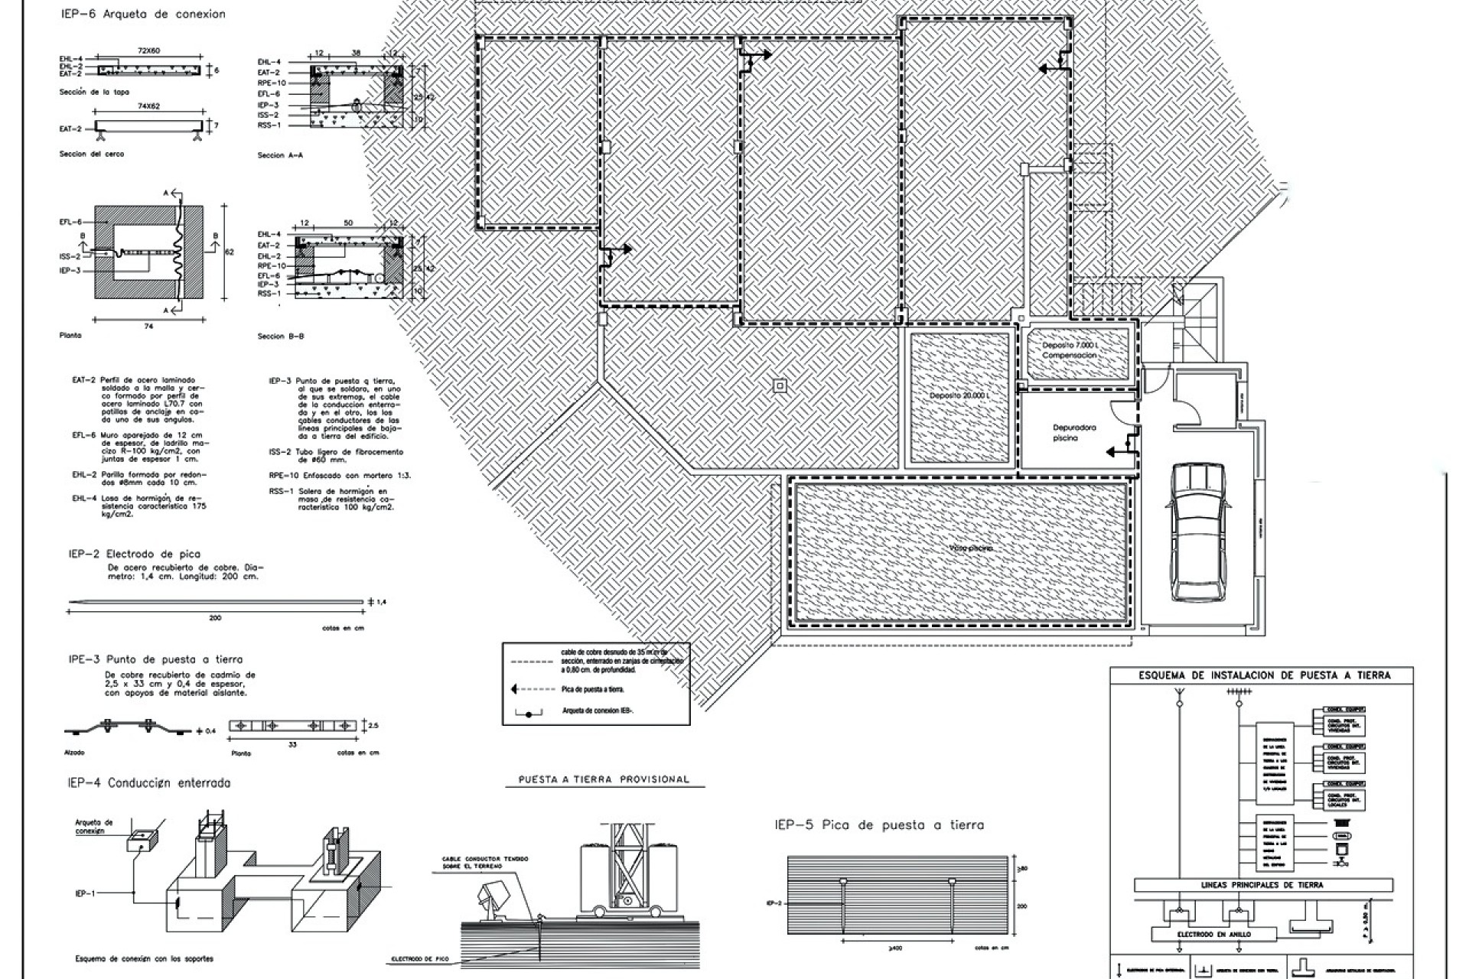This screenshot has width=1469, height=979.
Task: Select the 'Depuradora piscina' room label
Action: (1074, 433)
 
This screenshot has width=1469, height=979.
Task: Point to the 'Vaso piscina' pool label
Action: (970, 548)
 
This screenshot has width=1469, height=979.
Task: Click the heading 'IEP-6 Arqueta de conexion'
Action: (143, 14)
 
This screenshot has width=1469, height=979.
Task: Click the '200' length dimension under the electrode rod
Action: (215, 617)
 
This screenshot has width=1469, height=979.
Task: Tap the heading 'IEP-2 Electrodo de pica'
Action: (135, 554)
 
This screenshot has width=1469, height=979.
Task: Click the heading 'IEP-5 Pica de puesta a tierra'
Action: (879, 825)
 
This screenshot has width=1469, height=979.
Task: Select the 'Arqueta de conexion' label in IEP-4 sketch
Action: (94, 827)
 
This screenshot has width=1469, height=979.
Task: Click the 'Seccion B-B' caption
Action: (281, 337)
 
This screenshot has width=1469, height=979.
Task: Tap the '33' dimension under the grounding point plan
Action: (293, 743)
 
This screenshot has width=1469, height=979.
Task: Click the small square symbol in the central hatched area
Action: (780, 386)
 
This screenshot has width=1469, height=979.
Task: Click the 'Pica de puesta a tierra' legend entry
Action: (593, 689)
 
